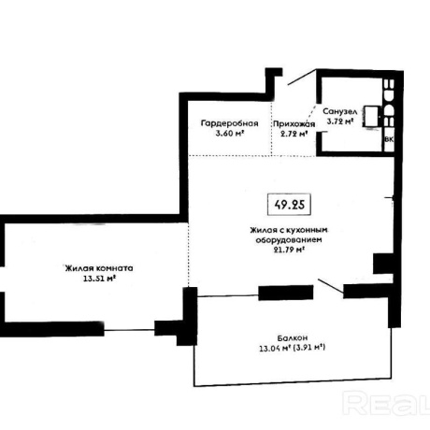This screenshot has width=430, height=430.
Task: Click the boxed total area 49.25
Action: [289, 205]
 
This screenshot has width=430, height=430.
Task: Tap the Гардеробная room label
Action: [230, 123]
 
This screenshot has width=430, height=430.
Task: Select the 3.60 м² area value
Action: [230, 134]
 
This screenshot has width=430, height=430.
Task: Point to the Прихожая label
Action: [294, 124]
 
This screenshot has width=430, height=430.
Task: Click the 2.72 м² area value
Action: [294, 134]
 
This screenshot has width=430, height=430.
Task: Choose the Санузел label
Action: [339, 111]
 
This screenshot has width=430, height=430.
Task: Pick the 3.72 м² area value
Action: [339, 122]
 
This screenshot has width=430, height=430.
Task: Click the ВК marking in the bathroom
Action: [389, 139]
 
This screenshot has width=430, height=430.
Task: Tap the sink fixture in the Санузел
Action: [371, 117]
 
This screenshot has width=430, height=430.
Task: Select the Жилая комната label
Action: [99, 268]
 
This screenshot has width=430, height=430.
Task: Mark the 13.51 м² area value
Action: [99, 279]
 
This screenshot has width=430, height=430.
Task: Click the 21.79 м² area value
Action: [289, 250]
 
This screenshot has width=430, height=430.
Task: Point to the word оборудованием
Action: [289, 240]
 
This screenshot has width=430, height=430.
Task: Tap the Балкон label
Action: [293, 337]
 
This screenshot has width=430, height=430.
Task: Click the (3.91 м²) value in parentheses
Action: [309, 347]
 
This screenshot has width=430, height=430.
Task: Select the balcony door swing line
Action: [331, 286]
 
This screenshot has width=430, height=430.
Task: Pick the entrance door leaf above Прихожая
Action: [302, 77]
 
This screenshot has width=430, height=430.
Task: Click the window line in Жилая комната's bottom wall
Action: [129, 330]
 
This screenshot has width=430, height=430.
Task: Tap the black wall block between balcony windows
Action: [286, 293]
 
